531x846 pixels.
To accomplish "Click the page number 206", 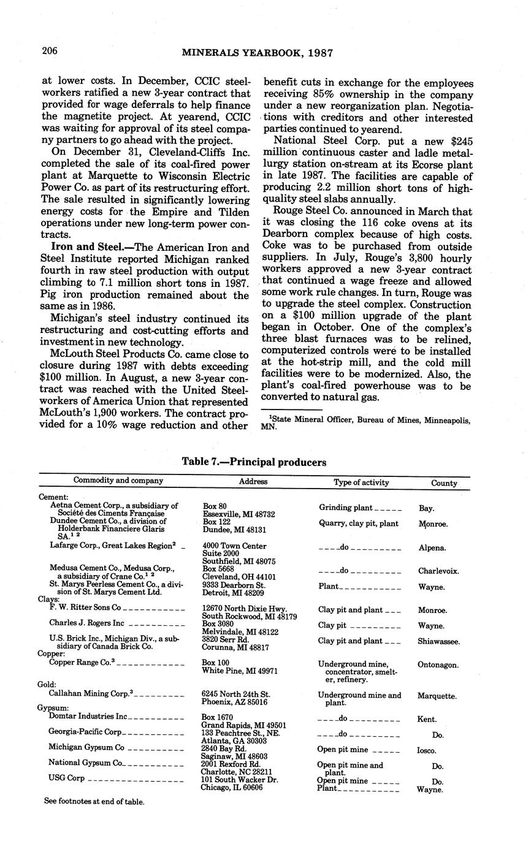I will click(50, 51).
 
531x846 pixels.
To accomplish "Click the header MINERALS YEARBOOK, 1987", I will click(258, 53).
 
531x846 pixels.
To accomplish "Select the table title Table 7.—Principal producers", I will click(254, 462).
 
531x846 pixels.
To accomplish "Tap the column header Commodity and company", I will click(118, 481).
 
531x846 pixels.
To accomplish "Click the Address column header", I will click(253, 482).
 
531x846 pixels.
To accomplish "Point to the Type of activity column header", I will click(361, 482).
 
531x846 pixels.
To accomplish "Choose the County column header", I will click(444, 483).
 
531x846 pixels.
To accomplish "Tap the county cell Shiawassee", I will click(439, 641).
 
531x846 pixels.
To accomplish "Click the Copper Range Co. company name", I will click(82, 663).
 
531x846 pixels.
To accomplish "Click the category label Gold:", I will click(48, 684).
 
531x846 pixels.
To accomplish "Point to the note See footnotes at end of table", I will click(94, 801).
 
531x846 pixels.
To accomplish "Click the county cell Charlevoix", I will click(439, 571).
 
